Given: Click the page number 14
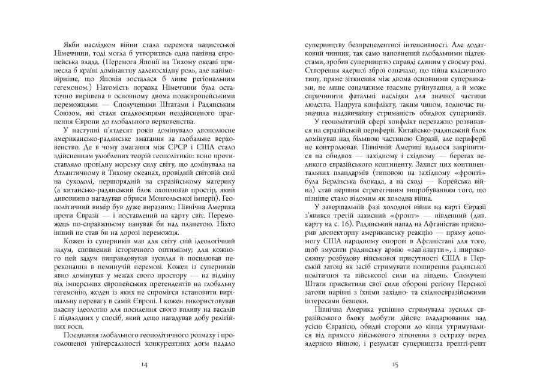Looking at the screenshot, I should (x=143, y=363).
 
